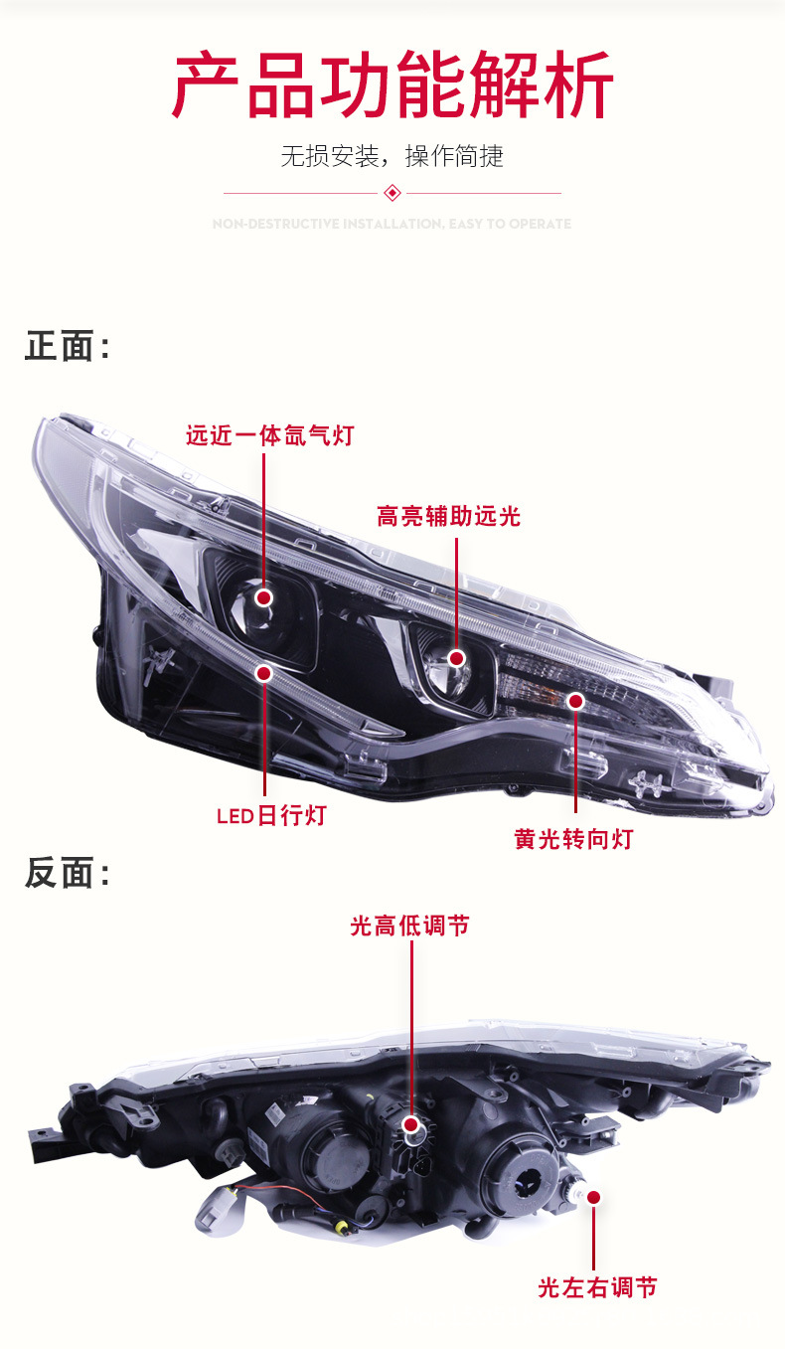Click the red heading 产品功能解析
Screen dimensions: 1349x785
(392, 87)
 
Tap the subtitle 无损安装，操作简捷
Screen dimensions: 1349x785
(392, 156)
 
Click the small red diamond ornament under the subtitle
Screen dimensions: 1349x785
(392, 192)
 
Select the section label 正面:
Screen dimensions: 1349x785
(67, 347)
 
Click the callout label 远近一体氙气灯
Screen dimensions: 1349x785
(269, 435)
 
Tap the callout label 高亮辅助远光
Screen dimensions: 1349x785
(448, 516)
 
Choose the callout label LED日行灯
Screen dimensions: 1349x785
(271, 816)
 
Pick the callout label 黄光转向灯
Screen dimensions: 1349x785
(573, 839)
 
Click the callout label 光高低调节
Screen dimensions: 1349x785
(409, 926)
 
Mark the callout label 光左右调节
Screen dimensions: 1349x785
(597, 1287)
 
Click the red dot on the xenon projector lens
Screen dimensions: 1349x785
(264, 597)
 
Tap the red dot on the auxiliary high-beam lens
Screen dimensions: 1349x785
(456, 658)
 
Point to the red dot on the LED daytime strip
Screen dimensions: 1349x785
(264, 674)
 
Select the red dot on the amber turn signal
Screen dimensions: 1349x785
(574, 701)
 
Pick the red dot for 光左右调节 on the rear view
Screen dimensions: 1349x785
(594, 1198)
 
